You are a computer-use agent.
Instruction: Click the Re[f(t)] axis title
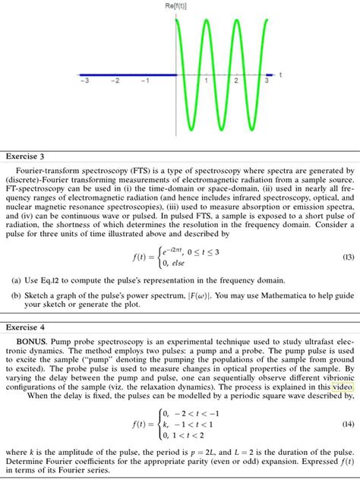coord(178,6)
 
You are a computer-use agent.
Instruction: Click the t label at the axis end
coord(280,74)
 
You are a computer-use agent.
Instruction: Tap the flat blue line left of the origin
coord(129,74)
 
